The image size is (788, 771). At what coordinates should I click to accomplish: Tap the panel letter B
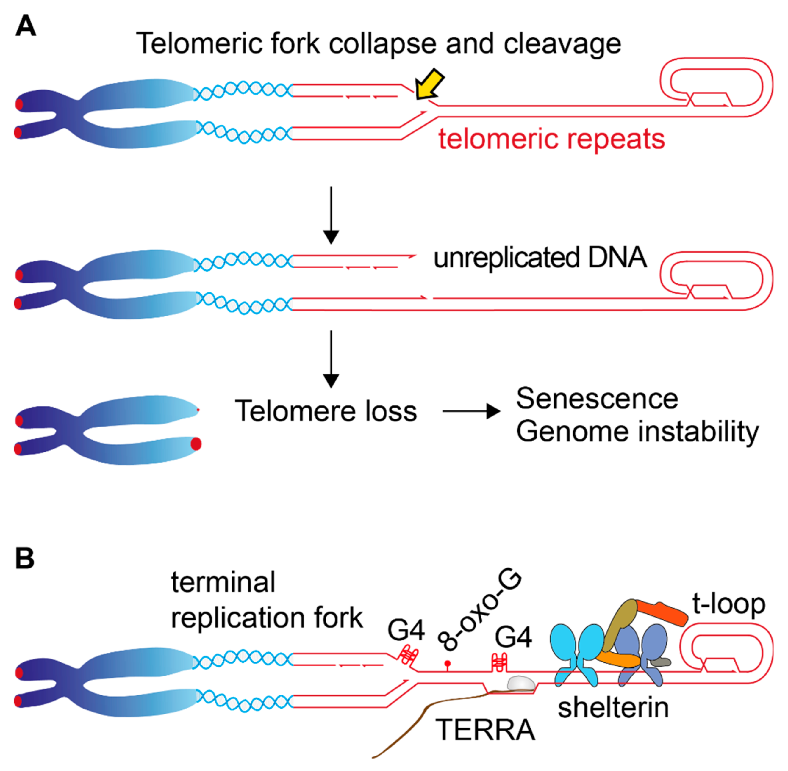click(x=24, y=559)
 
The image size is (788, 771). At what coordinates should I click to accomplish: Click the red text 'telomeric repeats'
click(x=551, y=139)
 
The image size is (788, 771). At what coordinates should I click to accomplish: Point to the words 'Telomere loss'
click(x=326, y=411)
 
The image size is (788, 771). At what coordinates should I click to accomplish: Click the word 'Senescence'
click(x=597, y=399)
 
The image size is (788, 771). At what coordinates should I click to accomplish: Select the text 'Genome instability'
click(x=637, y=431)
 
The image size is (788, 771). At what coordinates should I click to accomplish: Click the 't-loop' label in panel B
click(x=728, y=604)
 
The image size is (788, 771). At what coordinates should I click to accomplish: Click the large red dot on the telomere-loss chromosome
click(x=196, y=444)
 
